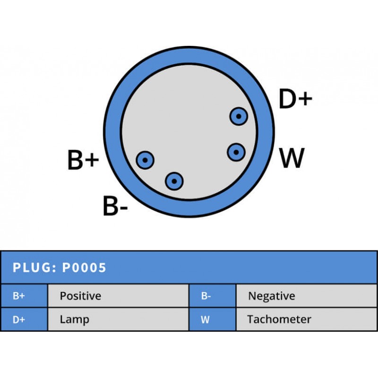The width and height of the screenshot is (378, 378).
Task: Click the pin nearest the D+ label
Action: coord(239,116)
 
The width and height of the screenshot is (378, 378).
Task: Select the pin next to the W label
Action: coord(236,152)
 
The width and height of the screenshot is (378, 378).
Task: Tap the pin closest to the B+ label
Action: coord(145,161)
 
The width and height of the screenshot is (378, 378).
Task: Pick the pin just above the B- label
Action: coord(174,180)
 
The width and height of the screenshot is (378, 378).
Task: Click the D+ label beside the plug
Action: coord(295,99)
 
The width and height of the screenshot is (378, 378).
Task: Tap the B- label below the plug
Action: coord(115,206)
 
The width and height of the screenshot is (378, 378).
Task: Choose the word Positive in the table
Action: coord(80,296)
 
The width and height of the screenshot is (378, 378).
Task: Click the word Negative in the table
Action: coord(271,296)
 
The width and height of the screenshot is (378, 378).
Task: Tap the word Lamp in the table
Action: coord(74,319)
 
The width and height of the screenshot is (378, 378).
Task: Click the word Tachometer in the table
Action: coord(279,319)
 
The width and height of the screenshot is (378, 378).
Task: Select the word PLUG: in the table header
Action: coord(34,268)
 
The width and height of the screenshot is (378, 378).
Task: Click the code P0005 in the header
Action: coord(85,268)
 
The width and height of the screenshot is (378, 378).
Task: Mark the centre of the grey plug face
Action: coord(189,132)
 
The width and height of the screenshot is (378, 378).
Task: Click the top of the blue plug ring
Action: coord(189,54)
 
